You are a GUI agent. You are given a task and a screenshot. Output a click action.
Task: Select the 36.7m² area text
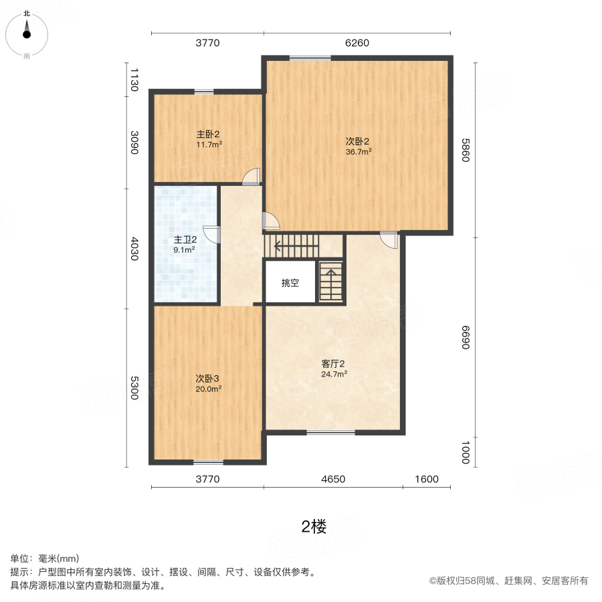click(359, 151)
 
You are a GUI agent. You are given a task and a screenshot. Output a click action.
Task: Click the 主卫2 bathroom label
click(185, 239)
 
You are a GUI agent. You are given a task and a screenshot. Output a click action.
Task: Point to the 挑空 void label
click(290, 283)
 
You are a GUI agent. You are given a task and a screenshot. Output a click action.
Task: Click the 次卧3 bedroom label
click(208, 377)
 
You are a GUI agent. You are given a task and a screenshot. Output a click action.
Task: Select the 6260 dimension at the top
click(357, 43)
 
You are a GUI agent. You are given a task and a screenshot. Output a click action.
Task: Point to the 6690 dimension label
click(466, 337)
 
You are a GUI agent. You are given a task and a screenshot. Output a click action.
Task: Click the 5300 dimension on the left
click(134, 388)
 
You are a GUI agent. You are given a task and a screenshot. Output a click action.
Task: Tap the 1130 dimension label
click(134, 79)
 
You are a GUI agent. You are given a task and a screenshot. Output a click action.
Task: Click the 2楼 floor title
click(314, 527)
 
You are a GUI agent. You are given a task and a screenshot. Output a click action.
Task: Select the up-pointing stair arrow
click(330, 274)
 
